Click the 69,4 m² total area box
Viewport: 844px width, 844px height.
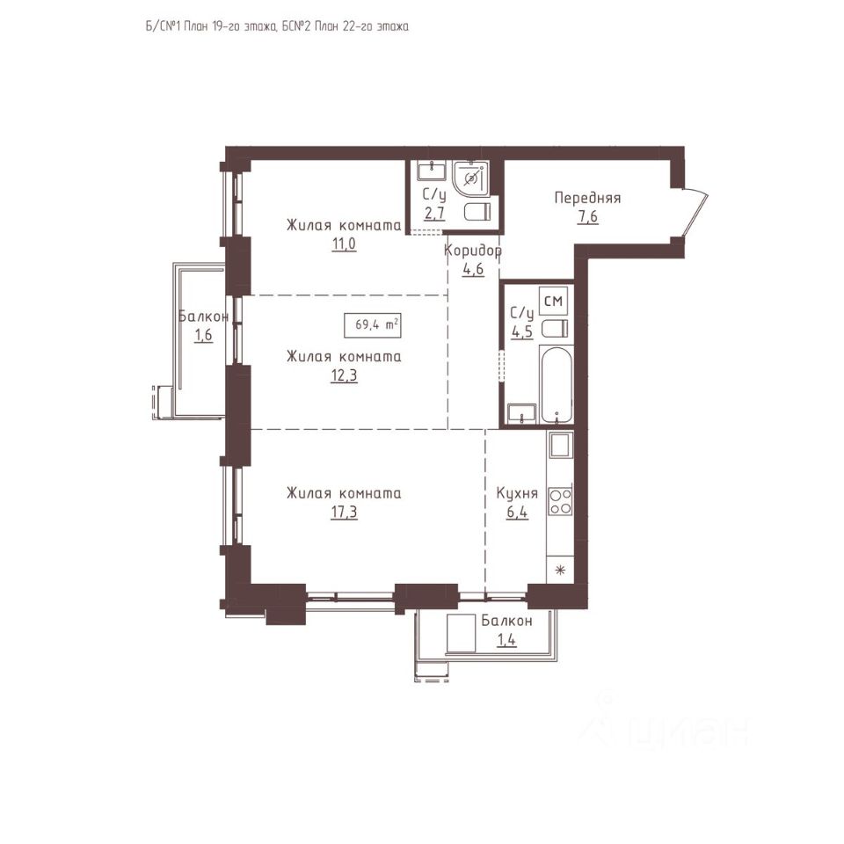373,324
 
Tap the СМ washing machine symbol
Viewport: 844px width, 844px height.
553,301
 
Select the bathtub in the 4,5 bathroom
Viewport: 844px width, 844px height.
557,385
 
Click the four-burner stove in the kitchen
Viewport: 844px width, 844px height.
560,501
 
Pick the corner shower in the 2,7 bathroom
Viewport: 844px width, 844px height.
470,178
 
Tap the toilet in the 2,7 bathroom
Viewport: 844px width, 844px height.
477,212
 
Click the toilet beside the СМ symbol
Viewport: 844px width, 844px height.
554,328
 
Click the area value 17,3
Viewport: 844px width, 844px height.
344,512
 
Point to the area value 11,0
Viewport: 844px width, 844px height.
344,244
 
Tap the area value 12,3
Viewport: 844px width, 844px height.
344,375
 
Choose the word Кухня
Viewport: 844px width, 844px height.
517,493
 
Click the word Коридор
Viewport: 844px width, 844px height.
473,251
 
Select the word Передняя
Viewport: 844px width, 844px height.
588,198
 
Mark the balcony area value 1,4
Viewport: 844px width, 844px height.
506,640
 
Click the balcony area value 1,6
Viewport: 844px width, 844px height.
203,335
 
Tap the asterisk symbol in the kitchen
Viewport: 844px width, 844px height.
560,570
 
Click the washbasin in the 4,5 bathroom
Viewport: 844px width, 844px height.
521,412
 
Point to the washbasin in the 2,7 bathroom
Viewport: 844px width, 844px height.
432,171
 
